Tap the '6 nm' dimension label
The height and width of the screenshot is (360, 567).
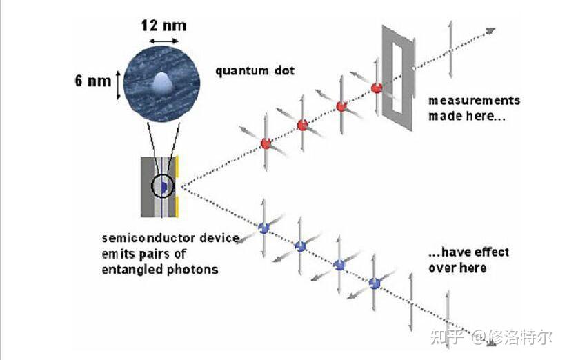click(x=92, y=81)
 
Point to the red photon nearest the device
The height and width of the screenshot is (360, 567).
click(x=266, y=143)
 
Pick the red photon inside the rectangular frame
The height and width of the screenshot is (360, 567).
click(x=377, y=88)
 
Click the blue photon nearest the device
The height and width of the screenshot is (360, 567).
click(x=263, y=228)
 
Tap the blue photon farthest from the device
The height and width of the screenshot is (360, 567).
click(x=375, y=283)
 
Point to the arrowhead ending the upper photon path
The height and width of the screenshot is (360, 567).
click(x=490, y=30)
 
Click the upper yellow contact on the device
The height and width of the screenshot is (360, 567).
click(x=179, y=167)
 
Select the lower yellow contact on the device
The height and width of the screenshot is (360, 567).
click(x=179, y=205)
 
